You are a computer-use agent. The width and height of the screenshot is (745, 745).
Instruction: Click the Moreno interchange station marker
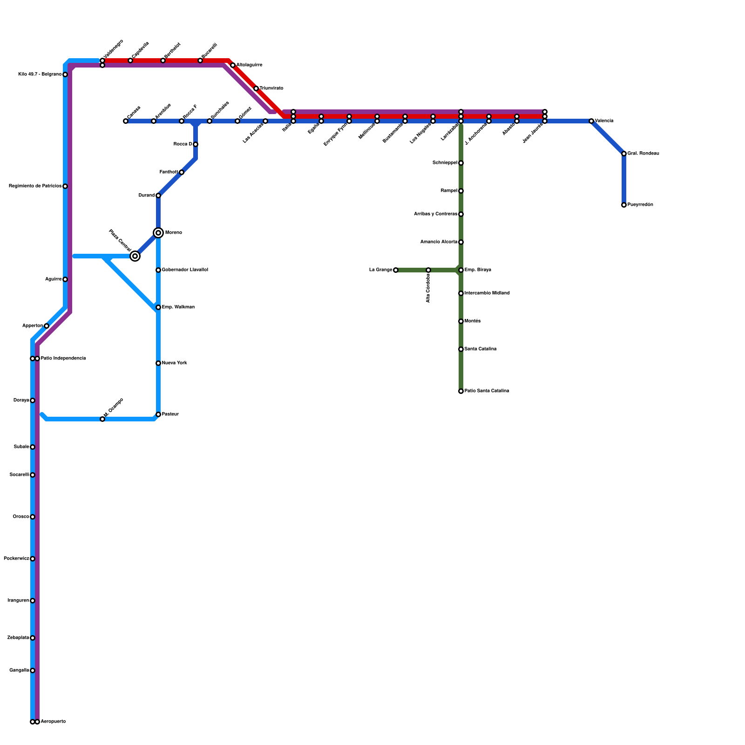pos(158,233)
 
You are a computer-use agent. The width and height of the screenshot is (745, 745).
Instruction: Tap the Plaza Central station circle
pos(135,256)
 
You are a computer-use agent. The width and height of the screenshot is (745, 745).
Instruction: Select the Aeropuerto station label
pos(53,722)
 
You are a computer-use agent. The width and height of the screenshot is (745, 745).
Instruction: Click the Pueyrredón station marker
pos(624,205)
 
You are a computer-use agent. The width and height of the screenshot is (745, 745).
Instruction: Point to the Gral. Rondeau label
pos(643,154)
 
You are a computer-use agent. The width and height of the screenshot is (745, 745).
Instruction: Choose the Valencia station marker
pos(591,121)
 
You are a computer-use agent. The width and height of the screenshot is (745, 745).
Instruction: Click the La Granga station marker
pos(396,270)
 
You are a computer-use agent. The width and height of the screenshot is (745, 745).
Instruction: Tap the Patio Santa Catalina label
pos(487,391)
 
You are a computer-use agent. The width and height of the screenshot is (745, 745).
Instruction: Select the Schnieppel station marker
pos(461,163)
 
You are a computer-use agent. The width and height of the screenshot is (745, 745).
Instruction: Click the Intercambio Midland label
pos(487,293)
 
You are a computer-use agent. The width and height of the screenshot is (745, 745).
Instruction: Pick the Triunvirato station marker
pos(256,88)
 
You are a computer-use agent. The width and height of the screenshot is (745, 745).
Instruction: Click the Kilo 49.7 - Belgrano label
pos(40,74)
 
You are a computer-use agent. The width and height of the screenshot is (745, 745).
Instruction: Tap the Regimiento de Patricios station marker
pos(65,186)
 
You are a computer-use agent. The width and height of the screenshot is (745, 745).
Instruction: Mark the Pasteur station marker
pos(158,414)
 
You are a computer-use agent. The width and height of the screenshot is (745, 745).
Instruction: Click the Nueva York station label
pos(175,363)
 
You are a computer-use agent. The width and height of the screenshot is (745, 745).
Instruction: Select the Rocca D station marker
pos(196,144)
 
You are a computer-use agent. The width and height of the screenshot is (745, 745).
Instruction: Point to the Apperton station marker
pos(47,326)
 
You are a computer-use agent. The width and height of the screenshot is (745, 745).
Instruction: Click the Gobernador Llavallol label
pos(185,270)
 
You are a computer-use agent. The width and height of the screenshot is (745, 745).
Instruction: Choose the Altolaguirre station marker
pos(233,65)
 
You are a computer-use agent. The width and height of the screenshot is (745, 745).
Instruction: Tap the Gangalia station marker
pos(33,670)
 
